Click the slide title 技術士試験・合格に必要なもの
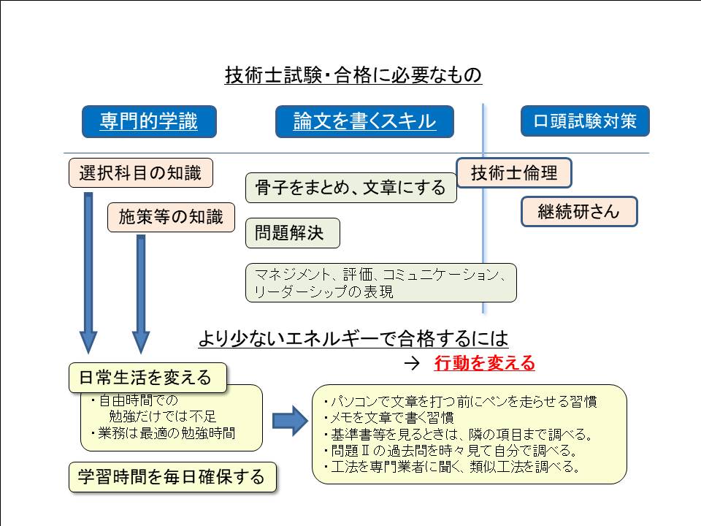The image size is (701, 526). [353, 75]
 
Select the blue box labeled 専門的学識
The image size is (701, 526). [149, 121]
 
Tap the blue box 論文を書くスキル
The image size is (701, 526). [364, 121]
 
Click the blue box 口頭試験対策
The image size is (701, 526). [585, 121]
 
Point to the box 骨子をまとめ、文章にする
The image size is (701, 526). [350, 188]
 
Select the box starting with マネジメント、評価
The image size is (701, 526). [380, 283]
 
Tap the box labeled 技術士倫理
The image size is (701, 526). [513, 173]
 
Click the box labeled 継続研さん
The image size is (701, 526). [579, 212]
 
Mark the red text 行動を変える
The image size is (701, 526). [484, 363]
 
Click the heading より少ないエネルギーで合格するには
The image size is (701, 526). [353, 339]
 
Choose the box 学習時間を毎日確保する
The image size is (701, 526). [172, 477]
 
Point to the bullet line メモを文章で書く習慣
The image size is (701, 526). [388, 418]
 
